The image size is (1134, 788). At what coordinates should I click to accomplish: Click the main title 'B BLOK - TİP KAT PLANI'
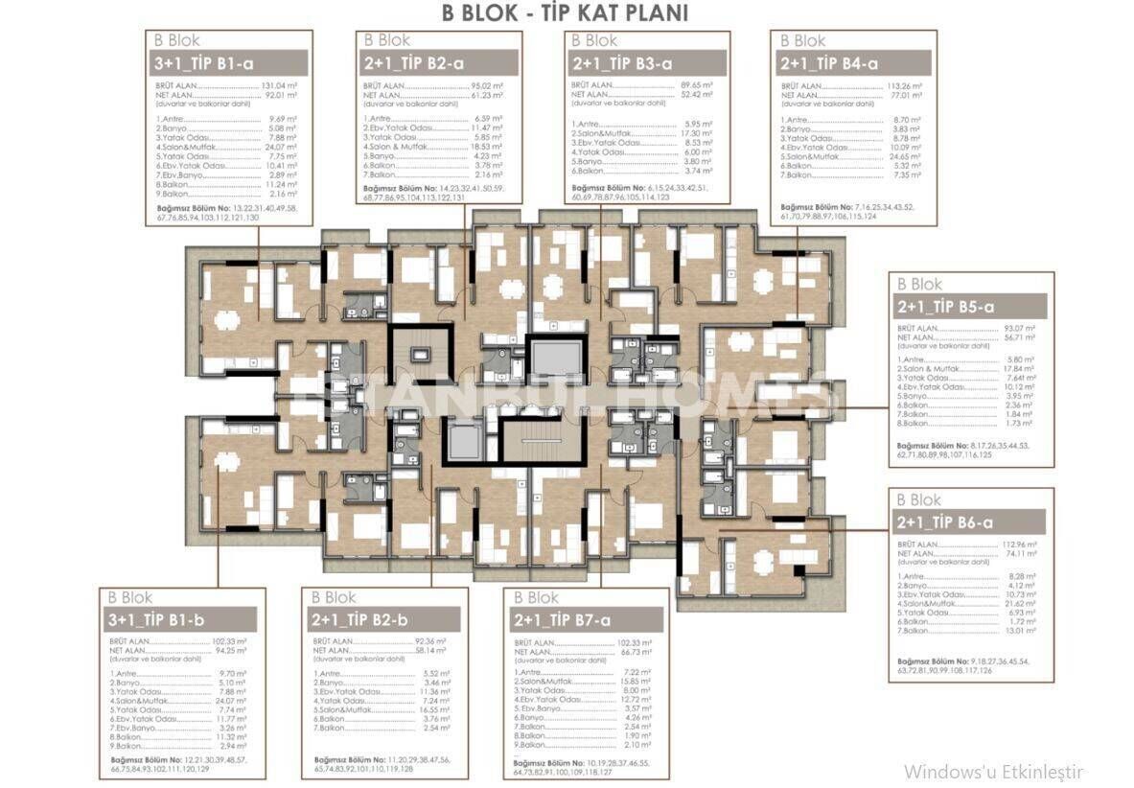pyautogui.click(x=565, y=13)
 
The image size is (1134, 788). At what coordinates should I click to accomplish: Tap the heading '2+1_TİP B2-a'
pyautogui.click(x=413, y=63)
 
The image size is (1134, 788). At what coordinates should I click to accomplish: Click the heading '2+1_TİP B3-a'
pyautogui.click(x=621, y=63)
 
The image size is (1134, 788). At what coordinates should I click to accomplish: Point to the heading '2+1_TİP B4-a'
pyautogui.click(x=830, y=63)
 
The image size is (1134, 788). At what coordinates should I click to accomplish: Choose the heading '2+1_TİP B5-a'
pyautogui.click(x=947, y=307)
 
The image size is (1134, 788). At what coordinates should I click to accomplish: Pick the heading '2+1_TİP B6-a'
pyautogui.click(x=947, y=522)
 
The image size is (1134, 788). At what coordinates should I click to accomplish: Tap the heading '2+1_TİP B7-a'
pyautogui.click(x=564, y=619)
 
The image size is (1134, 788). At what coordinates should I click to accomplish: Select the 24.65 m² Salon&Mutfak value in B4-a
pyautogui.click(x=906, y=155)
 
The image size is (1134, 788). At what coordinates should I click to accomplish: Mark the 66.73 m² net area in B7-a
pyautogui.click(x=635, y=651)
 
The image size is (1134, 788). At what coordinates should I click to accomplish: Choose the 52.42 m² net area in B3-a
pyautogui.click(x=697, y=94)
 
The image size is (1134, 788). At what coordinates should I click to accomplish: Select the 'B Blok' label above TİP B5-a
pyautogui.click(x=919, y=285)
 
